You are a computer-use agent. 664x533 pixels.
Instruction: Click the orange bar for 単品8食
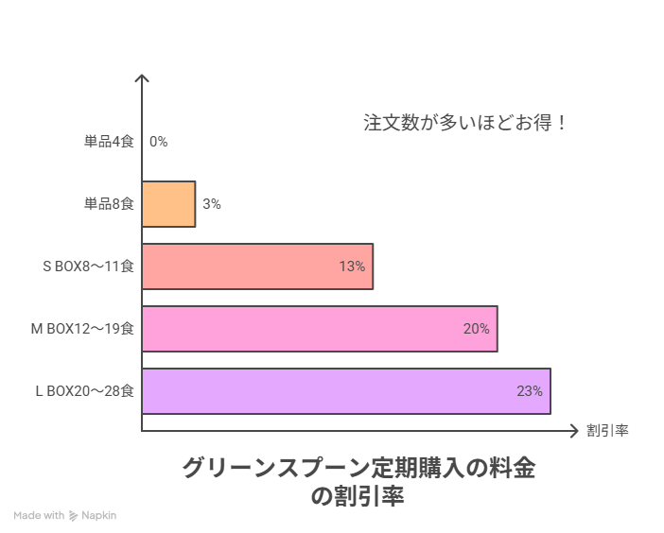[x=168, y=204]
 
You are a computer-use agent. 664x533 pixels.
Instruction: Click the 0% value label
[x=158, y=142]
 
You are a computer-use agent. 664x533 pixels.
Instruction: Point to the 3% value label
[x=211, y=204]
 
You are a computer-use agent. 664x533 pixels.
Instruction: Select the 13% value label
[x=352, y=266]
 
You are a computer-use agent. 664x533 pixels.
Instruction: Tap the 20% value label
[x=476, y=329]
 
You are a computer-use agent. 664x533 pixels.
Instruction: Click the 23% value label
[x=529, y=391]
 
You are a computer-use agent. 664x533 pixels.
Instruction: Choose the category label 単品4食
[x=109, y=142]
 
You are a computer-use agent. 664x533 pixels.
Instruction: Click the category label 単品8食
[x=109, y=204]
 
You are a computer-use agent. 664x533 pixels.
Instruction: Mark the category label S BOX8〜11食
[x=88, y=266]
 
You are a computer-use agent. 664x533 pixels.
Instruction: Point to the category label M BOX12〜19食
[x=82, y=329]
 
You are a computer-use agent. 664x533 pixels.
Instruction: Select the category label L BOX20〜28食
[x=84, y=391]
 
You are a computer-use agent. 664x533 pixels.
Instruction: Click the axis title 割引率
[x=607, y=431]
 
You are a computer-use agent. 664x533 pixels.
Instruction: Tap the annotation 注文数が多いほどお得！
[x=465, y=123]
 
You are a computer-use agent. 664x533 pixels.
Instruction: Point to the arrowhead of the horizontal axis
[x=573, y=431]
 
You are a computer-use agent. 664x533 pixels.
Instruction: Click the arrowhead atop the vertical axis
[x=142, y=77]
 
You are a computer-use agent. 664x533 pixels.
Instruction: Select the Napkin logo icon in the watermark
[x=74, y=516]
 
